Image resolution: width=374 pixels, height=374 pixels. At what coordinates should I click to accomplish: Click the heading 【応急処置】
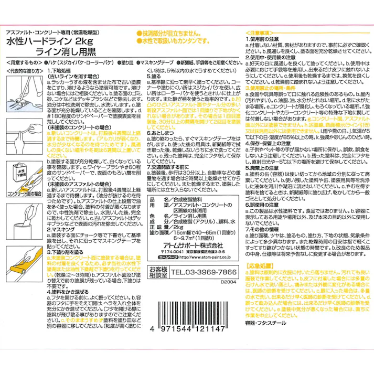click(x=259, y=281)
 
